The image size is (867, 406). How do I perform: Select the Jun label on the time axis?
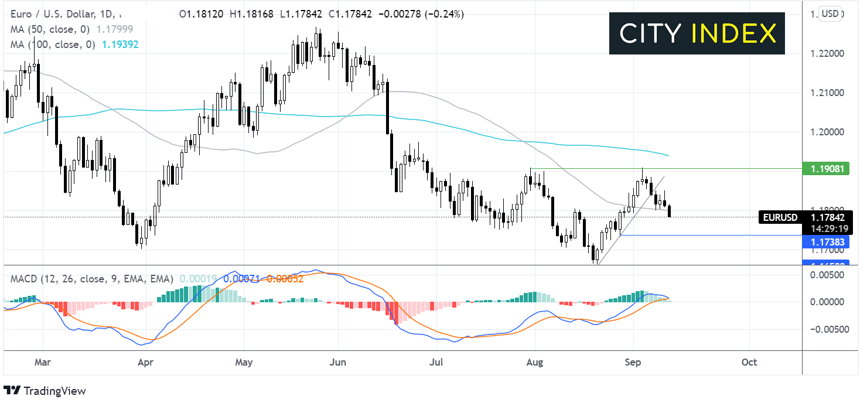point(338,362)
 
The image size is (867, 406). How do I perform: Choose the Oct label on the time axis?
point(749,362)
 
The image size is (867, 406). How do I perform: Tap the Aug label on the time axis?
point(535,362)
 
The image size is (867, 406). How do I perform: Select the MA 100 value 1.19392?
point(120,44)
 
